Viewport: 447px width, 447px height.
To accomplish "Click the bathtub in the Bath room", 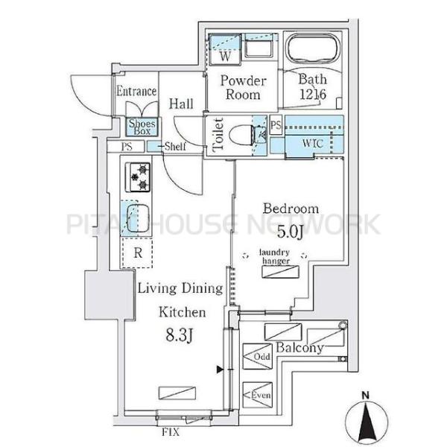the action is (x=314, y=48).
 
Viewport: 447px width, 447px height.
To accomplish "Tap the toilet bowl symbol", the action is (x=242, y=136).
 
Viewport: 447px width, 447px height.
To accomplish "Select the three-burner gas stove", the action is (x=138, y=177).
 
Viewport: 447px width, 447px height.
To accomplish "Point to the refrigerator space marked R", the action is (x=137, y=253).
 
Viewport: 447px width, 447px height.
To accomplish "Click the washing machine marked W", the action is (x=225, y=50).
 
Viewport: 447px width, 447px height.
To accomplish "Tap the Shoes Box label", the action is (x=142, y=127).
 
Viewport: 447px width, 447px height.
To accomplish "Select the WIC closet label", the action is (x=313, y=143).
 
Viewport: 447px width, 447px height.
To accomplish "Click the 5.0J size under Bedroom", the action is (x=290, y=232).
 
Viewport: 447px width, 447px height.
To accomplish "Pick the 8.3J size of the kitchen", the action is (x=180, y=335).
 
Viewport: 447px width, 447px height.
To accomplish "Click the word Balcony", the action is (x=299, y=347).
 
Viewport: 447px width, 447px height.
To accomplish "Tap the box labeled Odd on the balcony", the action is (x=257, y=356).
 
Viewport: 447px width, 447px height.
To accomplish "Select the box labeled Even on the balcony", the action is (x=257, y=395).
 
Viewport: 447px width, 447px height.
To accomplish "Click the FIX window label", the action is (x=171, y=432).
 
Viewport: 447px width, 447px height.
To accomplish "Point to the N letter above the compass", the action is (x=365, y=395).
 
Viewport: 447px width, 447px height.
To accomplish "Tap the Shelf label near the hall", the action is (x=175, y=146).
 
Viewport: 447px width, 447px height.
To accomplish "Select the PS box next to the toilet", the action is (x=276, y=125).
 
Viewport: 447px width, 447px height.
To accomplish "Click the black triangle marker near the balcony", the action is (x=220, y=370).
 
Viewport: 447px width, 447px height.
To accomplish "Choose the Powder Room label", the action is (x=243, y=87).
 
